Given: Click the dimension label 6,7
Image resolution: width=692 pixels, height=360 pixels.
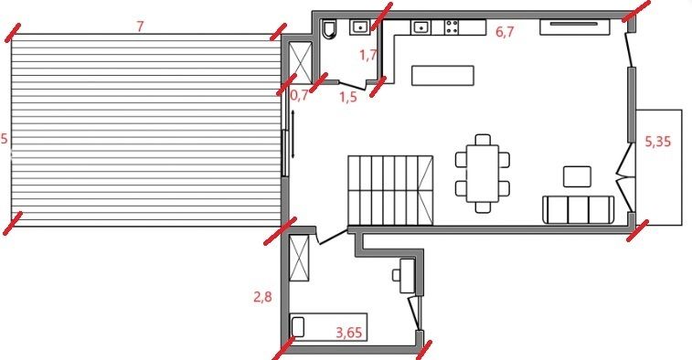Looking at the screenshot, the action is click(x=505, y=32).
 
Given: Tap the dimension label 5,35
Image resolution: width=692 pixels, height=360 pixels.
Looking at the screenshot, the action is click(x=657, y=142).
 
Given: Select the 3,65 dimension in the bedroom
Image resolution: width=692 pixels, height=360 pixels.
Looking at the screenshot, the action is click(x=349, y=333).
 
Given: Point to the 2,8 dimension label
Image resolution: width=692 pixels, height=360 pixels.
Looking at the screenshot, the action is click(x=262, y=297).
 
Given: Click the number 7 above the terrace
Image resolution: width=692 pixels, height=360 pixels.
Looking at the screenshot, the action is click(x=140, y=26).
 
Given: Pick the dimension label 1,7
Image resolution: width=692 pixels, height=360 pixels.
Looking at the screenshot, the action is click(x=368, y=55).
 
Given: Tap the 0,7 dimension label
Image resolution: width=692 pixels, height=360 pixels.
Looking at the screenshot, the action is click(x=300, y=95).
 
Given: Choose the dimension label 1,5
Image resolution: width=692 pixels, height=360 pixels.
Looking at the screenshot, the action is click(x=347, y=97).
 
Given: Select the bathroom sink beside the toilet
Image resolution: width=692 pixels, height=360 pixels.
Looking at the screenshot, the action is click(x=361, y=27).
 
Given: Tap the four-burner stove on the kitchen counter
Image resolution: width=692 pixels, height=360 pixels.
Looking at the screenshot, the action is click(x=451, y=27).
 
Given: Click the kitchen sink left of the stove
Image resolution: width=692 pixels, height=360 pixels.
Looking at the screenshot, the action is click(x=421, y=27).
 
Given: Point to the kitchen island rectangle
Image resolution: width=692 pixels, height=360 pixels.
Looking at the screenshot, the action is click(x=442, y=76).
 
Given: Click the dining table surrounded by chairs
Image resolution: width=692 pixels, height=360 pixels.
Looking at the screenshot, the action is click(x=483, y=173).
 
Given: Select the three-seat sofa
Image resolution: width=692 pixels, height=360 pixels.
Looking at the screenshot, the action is click(x=578, y=210).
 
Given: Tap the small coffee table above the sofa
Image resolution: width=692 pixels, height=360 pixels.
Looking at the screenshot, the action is click(x=577, y=176).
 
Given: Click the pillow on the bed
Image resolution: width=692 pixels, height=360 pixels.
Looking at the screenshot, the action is click(x=298, y=327).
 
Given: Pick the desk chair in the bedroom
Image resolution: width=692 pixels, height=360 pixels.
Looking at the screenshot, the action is click(x=397, y=275).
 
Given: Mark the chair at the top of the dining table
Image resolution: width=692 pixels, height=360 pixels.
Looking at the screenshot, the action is click(x=483, y=140).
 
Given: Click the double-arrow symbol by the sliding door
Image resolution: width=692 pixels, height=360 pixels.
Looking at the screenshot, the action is click(x=293, y=134).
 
